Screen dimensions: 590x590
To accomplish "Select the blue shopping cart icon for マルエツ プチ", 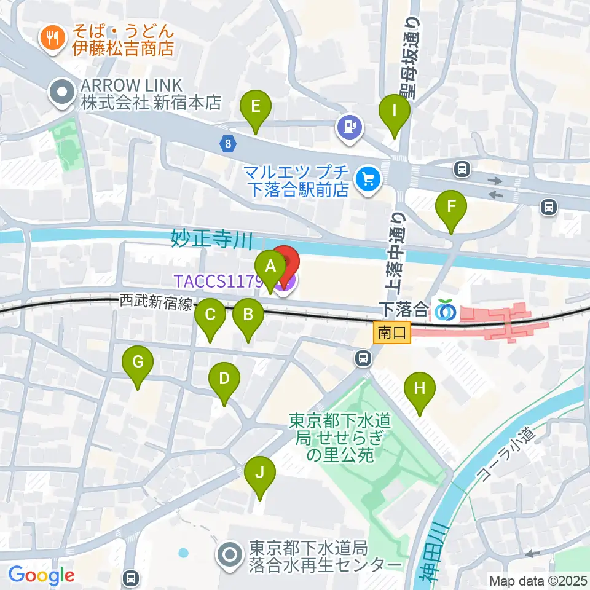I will pyautogui.click(x=369, y=179).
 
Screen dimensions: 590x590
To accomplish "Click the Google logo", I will pyautogui.click(x=41, y=575).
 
